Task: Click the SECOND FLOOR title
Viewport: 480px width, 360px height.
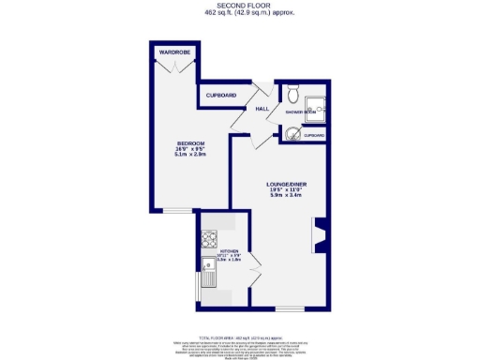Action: [x=240, y=6]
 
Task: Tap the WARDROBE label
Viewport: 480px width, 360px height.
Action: [x=175, y=52]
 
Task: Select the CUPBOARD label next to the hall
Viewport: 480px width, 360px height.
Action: [x=221, y=96]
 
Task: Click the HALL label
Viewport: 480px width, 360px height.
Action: [x=262, y=109]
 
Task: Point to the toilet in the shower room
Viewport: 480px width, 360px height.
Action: [x=292, y=95]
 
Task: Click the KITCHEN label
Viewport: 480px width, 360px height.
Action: [x=230, y=251]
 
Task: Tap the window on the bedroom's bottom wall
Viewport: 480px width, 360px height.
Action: [x=176, y=209]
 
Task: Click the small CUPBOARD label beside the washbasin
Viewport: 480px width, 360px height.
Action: [x=313, y=136]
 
